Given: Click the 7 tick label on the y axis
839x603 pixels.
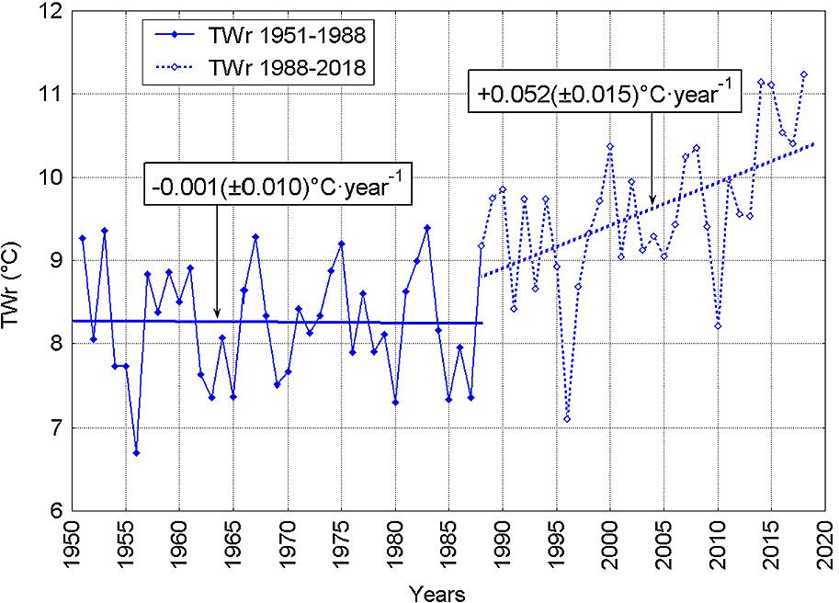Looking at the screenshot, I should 55,427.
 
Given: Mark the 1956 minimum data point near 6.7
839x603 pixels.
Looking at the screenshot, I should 136,452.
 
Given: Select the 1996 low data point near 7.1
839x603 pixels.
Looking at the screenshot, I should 567,419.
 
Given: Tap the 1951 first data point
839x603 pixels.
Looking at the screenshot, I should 83,238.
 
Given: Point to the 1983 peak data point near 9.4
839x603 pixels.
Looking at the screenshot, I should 426,227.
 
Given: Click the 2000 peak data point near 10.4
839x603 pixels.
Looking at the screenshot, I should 610,145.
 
